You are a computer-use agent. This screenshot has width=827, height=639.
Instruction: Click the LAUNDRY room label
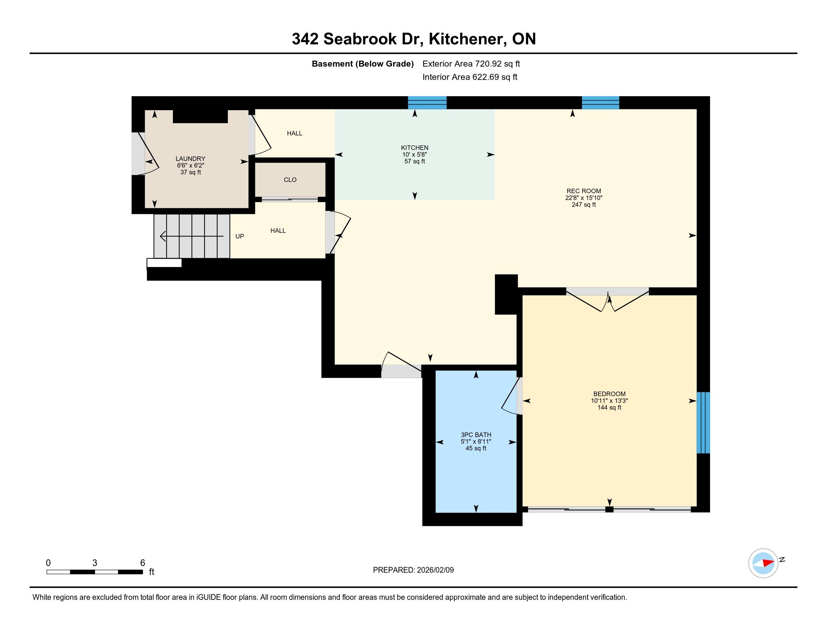tap(191, 159)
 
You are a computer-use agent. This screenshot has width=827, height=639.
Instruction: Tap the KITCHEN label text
tap(415, 148)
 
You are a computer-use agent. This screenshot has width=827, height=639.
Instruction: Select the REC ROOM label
tap(583, 191)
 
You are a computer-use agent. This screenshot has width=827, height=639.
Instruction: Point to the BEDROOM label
tap(609, 394)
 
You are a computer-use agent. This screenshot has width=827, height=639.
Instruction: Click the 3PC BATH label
tap(476, 435)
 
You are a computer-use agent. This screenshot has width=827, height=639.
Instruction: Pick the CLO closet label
tap(290, 180)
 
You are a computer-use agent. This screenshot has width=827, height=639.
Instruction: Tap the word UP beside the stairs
tap(240, 236)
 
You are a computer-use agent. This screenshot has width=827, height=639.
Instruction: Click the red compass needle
tap(768, 563)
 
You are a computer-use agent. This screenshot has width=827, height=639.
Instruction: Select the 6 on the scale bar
tap(143, 563)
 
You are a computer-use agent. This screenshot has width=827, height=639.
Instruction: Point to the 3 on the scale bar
tap(95, 563)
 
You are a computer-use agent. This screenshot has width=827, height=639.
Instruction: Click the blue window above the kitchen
tap(427, 103)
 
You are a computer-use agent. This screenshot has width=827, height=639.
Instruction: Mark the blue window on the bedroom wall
tap(703, 422)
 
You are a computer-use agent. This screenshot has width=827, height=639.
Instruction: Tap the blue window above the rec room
tap(600, 103)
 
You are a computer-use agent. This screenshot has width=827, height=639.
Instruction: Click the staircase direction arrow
tap(192, 236)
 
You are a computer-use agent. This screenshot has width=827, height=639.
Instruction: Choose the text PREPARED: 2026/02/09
tap(413, 570)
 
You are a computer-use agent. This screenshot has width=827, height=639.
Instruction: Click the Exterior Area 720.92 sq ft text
tap(471, 64)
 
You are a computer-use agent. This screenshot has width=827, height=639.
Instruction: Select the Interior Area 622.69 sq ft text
tap(470, 77)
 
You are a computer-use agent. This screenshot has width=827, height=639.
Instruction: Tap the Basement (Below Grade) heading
tap(362, 64)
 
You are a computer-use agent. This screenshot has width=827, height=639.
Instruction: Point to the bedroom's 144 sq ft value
tap(609, 407)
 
